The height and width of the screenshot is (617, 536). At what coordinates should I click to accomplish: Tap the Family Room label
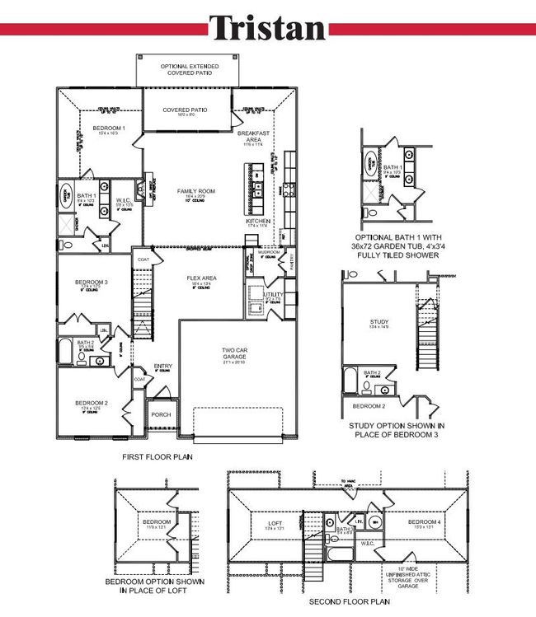[195, 191]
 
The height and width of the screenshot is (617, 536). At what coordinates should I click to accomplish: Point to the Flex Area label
[202, 278]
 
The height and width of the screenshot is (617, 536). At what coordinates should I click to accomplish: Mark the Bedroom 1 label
[108, 128]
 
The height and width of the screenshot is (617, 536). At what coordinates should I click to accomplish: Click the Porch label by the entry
[161, 414]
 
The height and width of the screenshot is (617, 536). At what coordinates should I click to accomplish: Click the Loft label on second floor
[275, 522]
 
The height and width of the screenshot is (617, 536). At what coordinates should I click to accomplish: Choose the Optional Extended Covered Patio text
[190, 69]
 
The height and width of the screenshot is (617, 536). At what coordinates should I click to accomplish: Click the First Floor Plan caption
[158, 456]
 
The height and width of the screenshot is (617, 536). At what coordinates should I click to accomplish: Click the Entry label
[162, 367]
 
